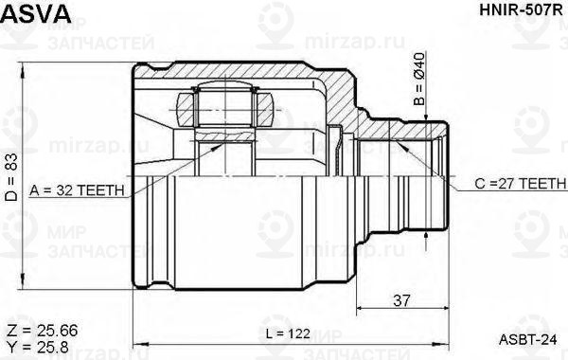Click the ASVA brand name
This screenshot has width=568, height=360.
pos(36,13)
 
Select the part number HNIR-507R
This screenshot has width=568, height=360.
pos(521,10)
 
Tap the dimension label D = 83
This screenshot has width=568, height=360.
pos(11,177)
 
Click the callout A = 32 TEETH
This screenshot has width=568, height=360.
pos(78,190)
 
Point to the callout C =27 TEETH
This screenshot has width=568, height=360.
pos(521,184)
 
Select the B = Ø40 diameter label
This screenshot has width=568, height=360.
pos(419,79)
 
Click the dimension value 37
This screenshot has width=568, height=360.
pos(401,300)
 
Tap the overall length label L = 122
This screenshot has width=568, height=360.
pos(288,333)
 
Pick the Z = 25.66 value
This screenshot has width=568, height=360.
pos(43,331)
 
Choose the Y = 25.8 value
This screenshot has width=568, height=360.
pos(38,348)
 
